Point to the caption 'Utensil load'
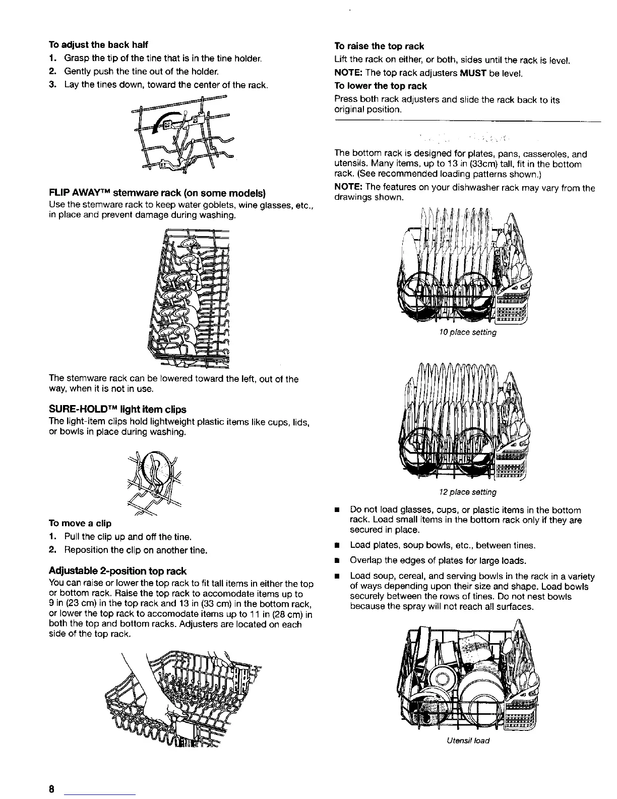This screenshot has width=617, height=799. [467, 740]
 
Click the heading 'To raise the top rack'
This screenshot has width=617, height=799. [380, 46]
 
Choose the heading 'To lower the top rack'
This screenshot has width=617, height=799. [381, 86]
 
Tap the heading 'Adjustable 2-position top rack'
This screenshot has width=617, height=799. [117, 571]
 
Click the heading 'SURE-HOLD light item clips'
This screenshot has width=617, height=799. [117, 409]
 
